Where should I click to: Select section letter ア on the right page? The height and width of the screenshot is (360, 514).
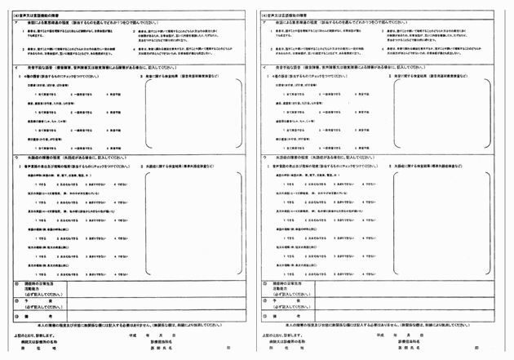click(264, 22)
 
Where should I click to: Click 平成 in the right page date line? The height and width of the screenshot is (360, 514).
click(379, 335)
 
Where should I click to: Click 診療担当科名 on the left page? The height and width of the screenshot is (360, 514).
click(163, 341)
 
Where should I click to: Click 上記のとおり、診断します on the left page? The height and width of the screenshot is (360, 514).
click(33, 335)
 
